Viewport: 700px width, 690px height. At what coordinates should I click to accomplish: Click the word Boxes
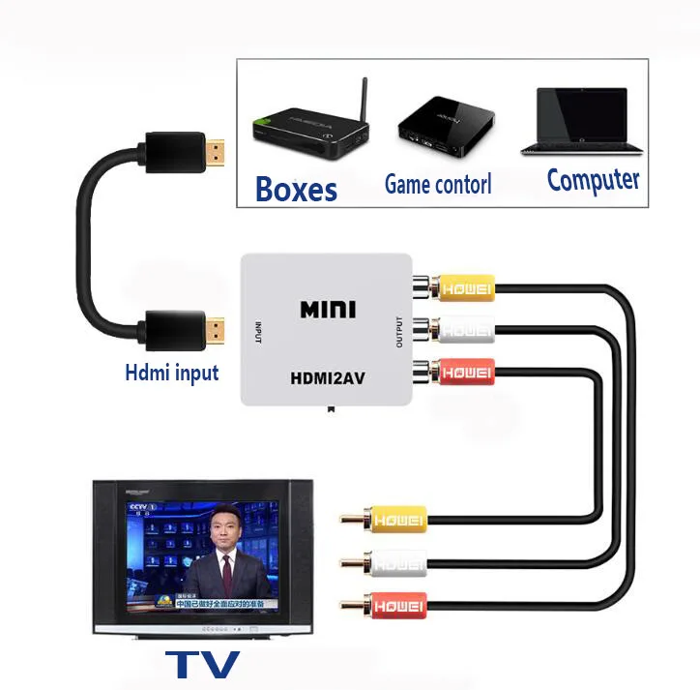(x=296, y=188)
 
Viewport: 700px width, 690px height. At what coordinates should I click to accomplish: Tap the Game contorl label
(x=438, y=183)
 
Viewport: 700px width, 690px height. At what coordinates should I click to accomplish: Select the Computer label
(x=592, y=180)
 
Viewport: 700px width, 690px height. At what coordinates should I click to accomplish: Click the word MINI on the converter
(x=328, y=310)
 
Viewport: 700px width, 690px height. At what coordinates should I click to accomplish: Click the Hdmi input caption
(x=172, y=372)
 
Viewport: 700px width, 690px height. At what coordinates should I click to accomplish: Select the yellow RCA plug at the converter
(x=464, y=287)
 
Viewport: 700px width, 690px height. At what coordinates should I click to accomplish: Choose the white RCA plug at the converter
(x=464, y=329)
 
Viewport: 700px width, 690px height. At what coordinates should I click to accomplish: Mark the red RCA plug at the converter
(x=464, y=371)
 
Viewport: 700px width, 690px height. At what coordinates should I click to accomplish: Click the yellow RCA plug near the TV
(x=394, y=519)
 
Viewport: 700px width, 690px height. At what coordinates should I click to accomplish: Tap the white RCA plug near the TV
(x=394, y=562)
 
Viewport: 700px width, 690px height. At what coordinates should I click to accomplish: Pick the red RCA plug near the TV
(x=394, y=606)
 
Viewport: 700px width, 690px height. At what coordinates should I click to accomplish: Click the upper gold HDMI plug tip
(x=218, y=150)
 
